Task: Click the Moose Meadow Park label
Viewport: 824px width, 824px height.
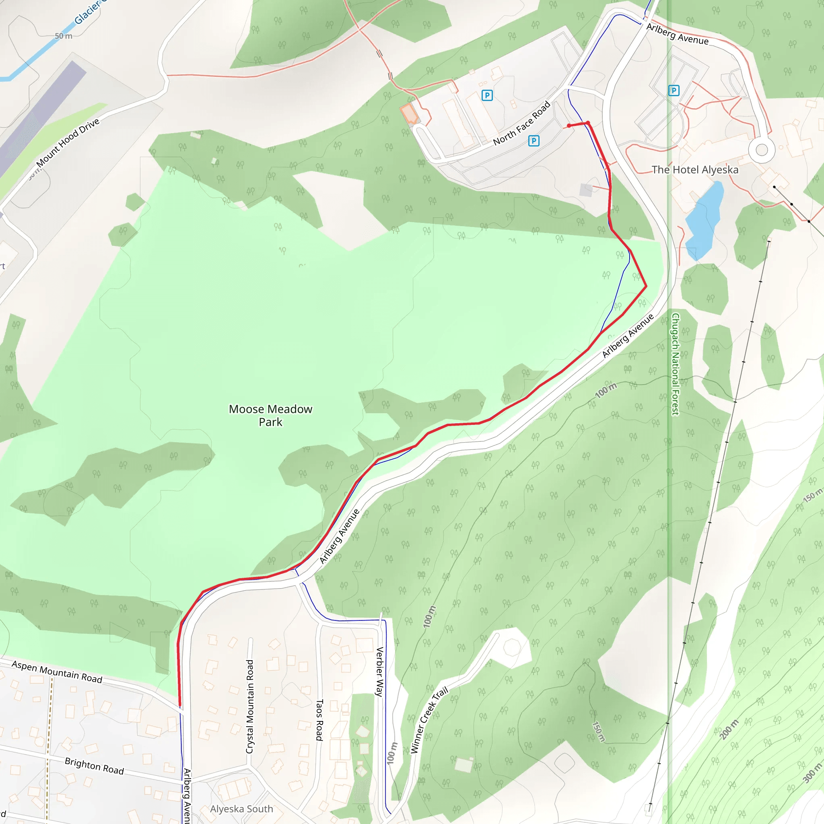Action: click(270, 415)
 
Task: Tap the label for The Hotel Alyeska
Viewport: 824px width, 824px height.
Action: click(695, 170)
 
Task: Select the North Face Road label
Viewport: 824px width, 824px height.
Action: click(521, 123)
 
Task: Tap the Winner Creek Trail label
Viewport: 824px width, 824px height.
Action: click(429, 720)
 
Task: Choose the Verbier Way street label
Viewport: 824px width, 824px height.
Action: click(379, 672)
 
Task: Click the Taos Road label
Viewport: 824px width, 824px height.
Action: click(319, 719)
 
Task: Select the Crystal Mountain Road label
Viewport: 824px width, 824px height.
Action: click(250, 706)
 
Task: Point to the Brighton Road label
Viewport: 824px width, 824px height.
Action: click(94, 766)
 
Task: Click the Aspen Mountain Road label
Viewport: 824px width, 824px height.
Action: click(57, 672)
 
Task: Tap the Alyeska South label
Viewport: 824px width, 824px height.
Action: click(241, 809)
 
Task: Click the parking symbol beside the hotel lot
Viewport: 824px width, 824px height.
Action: click(674, 91)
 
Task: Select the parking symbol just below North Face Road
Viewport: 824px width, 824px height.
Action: click(534, 141)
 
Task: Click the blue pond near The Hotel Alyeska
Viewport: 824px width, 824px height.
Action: click(704, 221)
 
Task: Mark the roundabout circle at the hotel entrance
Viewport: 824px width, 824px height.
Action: click(762, 150)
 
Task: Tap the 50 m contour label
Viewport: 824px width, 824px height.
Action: click(63, 36)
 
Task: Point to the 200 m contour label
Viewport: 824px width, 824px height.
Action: click(729, 729)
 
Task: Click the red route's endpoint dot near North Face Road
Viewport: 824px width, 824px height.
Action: click(569, 126)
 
